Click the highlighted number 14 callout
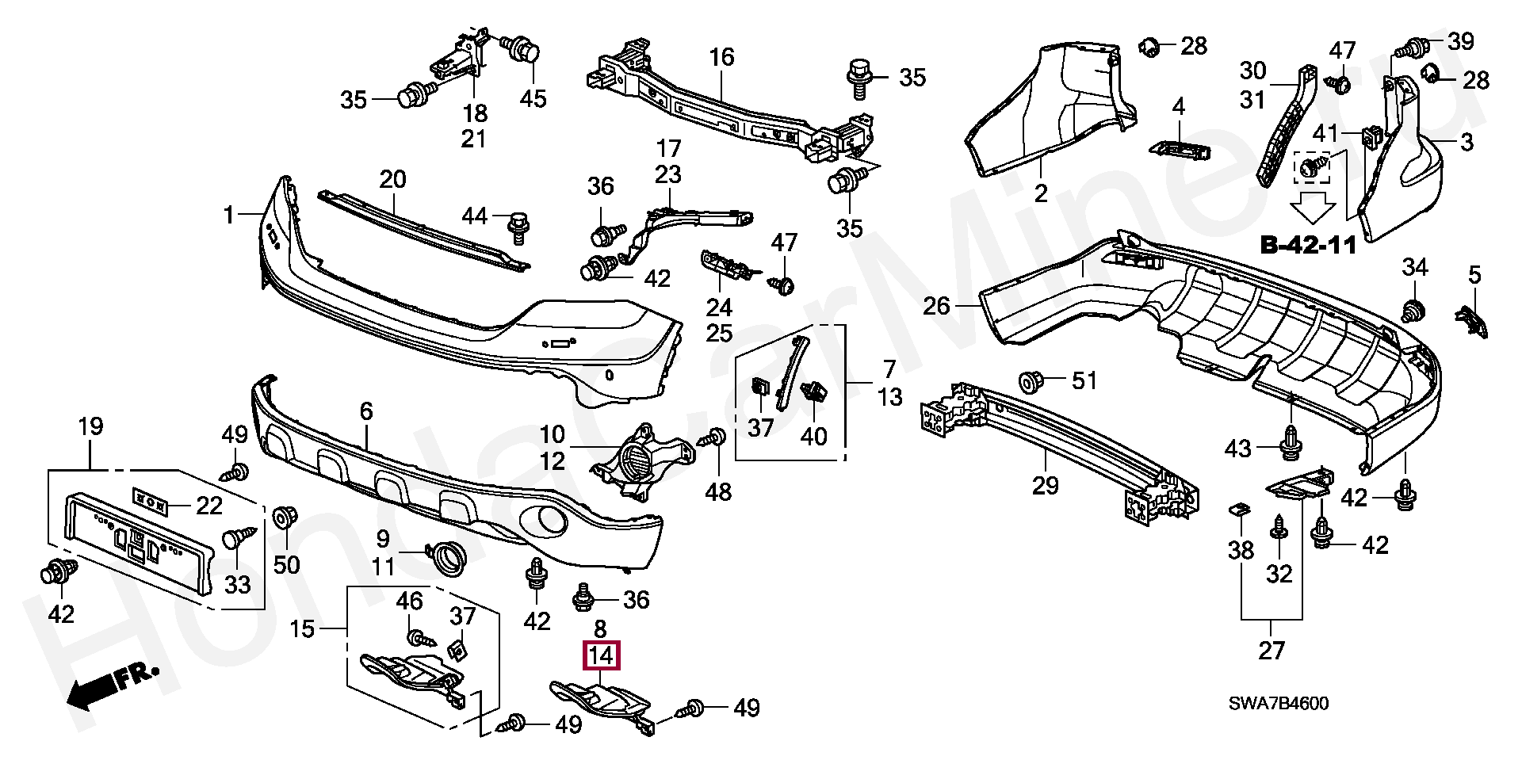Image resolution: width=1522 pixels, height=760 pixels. [x=602, y=655]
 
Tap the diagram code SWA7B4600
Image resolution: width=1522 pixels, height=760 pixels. [x=1279, y=704]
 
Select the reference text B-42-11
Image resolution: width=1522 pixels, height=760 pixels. [x=1308, y=245]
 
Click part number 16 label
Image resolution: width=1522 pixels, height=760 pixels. [x=721, y=57]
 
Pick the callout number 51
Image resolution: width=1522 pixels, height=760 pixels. [x=1084, y=380]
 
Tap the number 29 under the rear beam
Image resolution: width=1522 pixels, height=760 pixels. [x=1046, y=484]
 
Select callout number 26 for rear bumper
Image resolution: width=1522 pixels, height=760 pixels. [x=937, y=305]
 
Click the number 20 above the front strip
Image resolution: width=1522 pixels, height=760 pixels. [x=392, y=179]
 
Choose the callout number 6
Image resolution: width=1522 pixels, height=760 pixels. [x=365, y=411]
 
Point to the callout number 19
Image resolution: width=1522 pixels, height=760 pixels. [x=91, y=426]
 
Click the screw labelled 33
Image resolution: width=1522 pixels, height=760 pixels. [x=239, y=538]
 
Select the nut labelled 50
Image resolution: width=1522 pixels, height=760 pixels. [x=283, y=519]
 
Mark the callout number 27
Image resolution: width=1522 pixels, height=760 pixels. [x=1272, y=651]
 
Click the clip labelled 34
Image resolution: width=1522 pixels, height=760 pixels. [x=1412, y=311]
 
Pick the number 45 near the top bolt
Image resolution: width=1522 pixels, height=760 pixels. [x=533, y=98]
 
